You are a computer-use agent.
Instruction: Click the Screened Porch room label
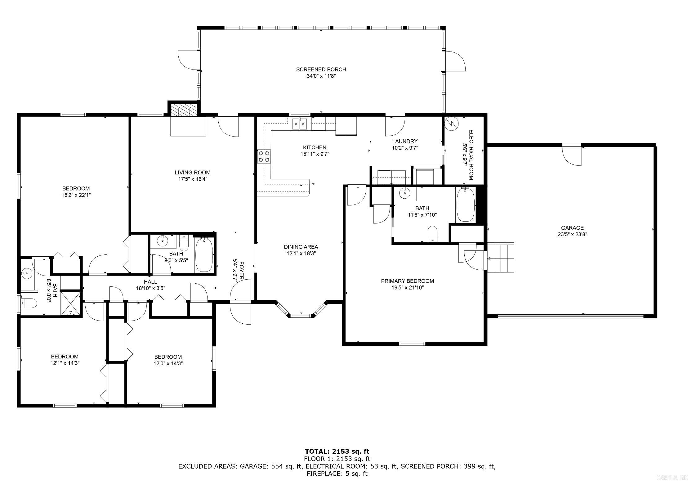click(321, 70)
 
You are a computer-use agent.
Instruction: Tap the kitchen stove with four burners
click(264, 156)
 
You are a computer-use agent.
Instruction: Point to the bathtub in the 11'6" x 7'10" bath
click(466, 205)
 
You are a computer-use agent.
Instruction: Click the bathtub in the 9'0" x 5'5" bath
click(204, 255)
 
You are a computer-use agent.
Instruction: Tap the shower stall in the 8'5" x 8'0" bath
click(71, 303)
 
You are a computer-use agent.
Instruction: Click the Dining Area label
click(301, 247)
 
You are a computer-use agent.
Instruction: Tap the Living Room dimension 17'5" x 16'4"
click(193, 179)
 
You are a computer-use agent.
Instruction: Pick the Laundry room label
click(405, 142)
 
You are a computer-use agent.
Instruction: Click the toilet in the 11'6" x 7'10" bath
click(432, 234)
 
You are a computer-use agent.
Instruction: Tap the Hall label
click(150, 282)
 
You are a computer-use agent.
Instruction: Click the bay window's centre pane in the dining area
click(301, 316)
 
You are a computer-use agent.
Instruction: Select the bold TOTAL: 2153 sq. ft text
click(337, 452)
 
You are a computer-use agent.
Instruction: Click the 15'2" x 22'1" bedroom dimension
click(76, 195)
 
